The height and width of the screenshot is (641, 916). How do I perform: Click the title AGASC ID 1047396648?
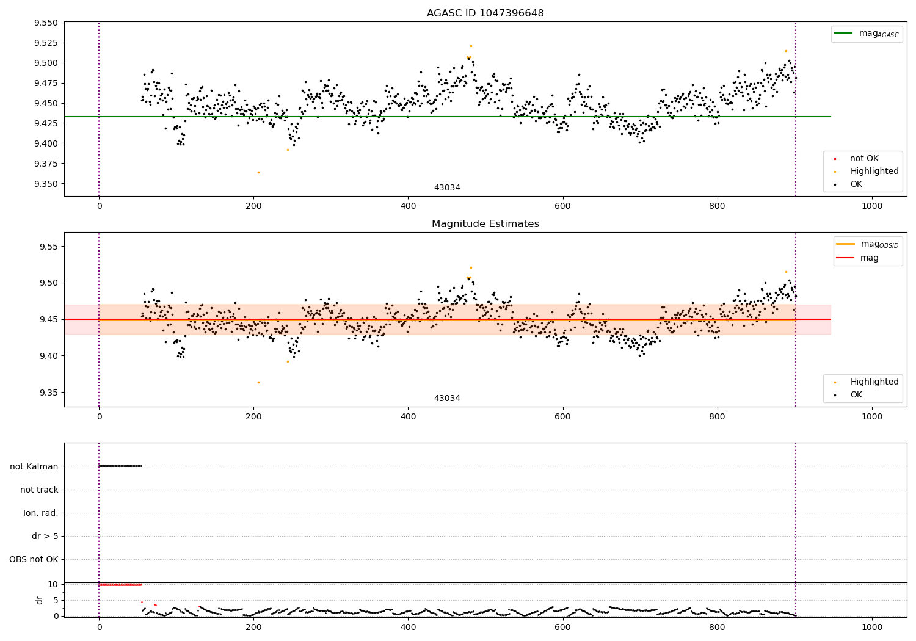pos(485,13)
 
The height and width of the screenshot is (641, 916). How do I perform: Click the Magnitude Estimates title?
pos(485,224)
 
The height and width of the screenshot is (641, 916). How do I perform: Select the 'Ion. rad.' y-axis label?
pos(41,513)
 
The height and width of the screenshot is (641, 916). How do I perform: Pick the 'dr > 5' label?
pos(45,536)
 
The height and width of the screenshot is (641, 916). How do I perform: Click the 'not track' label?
pos(39,490)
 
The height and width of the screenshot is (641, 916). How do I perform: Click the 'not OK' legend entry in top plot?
pos(864,159)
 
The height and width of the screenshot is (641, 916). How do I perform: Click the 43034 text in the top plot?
pos(447,188)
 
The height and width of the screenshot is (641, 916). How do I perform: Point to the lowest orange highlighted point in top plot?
pos(258,172)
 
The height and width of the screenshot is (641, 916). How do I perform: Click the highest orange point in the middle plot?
pos(471,267)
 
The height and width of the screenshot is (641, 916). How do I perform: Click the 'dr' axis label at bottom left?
pos(40,600)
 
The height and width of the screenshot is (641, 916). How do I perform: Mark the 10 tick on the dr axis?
pos(53,584)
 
